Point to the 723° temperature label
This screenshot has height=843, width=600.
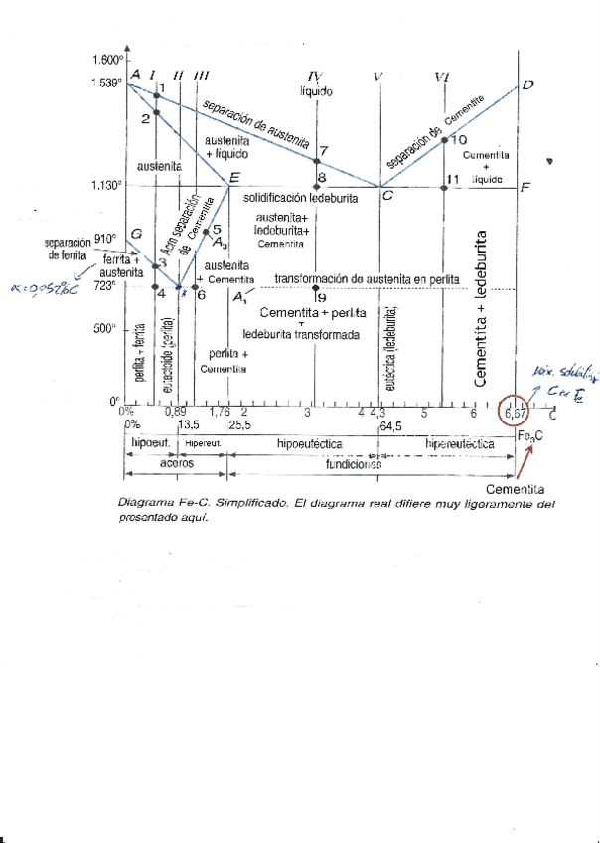tap(106, 285)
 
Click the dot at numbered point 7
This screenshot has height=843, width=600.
tap(317, 161)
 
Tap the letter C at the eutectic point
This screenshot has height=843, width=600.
tap(387, 196)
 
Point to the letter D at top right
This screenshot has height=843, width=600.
tap(528, 84)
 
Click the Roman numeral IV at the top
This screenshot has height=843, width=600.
tap(316, 76)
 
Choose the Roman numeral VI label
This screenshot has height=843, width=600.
tap(443, 76)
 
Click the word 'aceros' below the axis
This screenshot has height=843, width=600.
tap(177, 463)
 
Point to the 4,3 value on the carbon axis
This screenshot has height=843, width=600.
tap(377, 412)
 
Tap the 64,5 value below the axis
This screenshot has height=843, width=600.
tap(390, 425)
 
